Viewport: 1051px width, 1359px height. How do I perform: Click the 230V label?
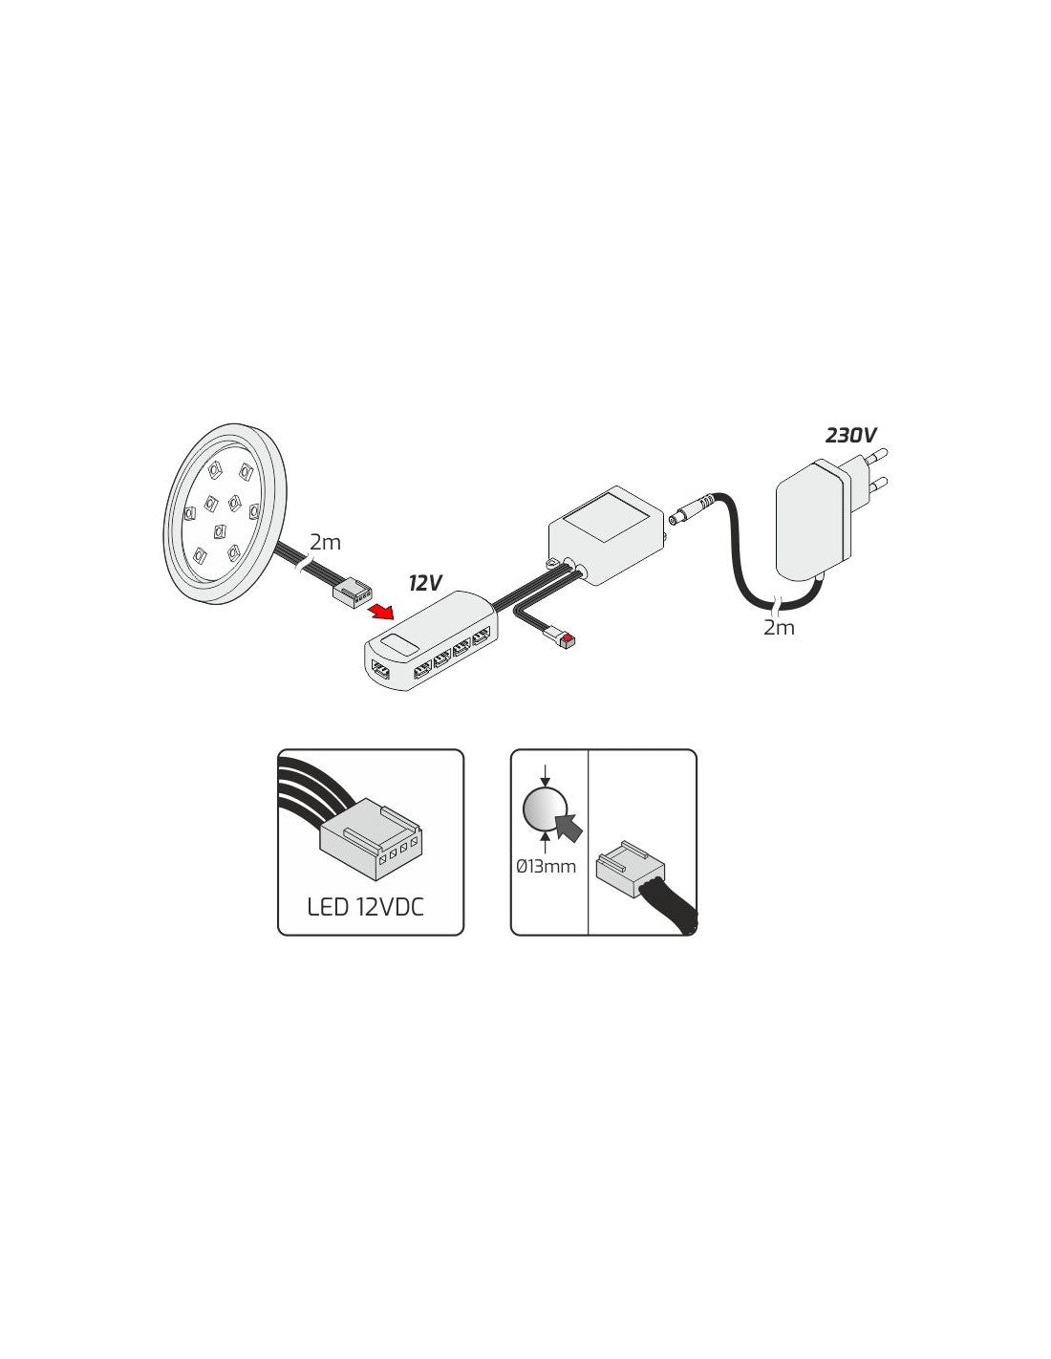coord(850,436)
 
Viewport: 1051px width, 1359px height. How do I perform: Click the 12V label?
coord(425,583)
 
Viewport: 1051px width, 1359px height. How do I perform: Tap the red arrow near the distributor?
coord(383,611)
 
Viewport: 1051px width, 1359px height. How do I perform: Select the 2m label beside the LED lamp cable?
coord(325,543)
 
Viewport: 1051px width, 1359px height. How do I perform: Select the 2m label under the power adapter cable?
coord(779,628)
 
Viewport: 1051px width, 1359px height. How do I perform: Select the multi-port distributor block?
coord(430,650)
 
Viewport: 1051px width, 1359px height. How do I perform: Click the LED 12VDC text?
coord(366,906)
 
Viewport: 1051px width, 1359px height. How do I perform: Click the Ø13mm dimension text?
coord(546,867)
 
